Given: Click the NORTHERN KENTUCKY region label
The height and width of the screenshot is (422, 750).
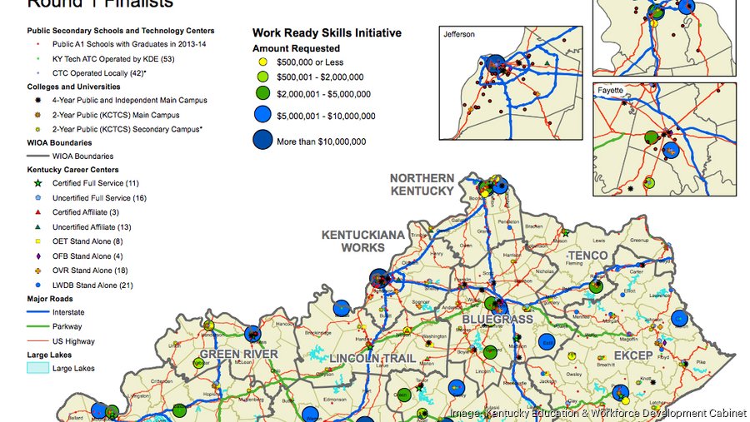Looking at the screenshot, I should tap(422, 184).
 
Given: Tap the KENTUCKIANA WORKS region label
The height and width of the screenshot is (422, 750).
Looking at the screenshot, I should tap(363, 241).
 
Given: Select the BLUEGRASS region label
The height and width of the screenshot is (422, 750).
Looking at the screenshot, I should tap(497, 319).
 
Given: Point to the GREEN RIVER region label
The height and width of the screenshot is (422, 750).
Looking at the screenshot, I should tap(237, 355).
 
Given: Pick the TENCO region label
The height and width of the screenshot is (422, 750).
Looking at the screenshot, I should tap(588, 255).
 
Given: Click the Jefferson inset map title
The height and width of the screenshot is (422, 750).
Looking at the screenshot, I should tap(459, 34).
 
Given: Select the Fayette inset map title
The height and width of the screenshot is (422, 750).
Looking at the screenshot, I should tap(610, 89).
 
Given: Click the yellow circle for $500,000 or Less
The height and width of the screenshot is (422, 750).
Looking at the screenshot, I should tap(262, 62).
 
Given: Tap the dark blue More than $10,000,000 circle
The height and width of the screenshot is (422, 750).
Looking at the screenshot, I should tap(263, 141).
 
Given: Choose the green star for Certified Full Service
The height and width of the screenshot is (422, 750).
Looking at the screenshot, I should tap(37, 183).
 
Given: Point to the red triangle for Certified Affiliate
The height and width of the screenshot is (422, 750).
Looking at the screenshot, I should tap(37, 212).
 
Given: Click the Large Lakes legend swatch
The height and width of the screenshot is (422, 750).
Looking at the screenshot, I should tap(37, 368).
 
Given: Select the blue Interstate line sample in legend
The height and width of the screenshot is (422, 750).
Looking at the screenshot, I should tap(37, 312).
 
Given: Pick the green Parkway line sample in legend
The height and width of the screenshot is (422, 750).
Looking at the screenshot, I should tap(37, 326).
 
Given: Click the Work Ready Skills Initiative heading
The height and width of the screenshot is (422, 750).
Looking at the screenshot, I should tap(327, 33).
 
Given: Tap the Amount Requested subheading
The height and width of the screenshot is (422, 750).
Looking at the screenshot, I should tap(296, 48).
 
